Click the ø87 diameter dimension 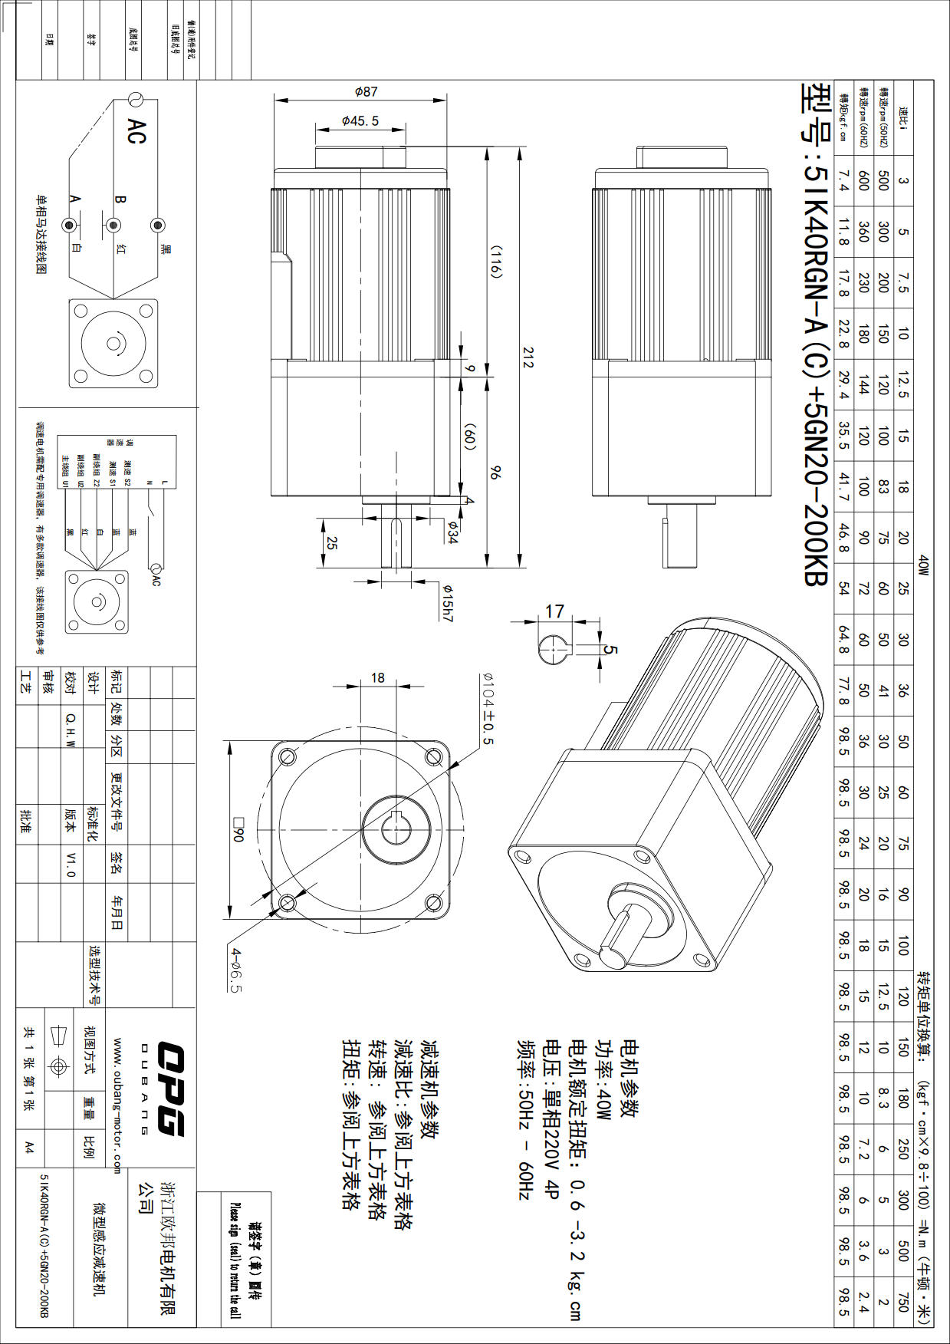coord(366,91)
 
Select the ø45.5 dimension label coord(360,120)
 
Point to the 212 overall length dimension coord(528,357)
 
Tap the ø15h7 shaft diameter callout coord(447,602)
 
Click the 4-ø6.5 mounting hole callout coord(236,970)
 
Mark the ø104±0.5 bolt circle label coord(487,709)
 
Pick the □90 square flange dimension coord(237,828)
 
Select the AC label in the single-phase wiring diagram coord(136,131)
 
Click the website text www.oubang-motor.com coord(117,1105)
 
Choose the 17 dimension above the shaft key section coord(554,611)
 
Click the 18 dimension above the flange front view coord(378,677)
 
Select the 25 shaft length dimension coord(332,543)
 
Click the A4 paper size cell coord(29,1147)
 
